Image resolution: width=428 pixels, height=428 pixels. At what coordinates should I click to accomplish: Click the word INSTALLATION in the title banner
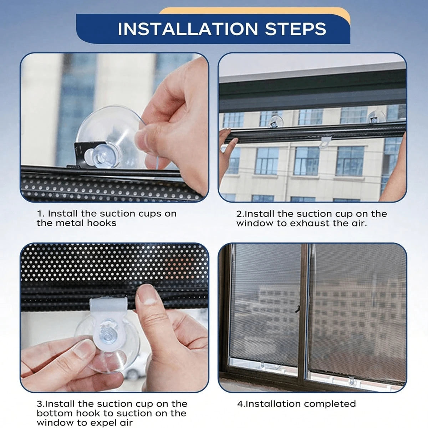tap(188, 29)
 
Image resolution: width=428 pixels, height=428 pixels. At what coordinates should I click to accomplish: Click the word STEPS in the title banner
tap(296, 29)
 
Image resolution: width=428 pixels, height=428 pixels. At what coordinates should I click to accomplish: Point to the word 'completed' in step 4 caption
tap(327, 403)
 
